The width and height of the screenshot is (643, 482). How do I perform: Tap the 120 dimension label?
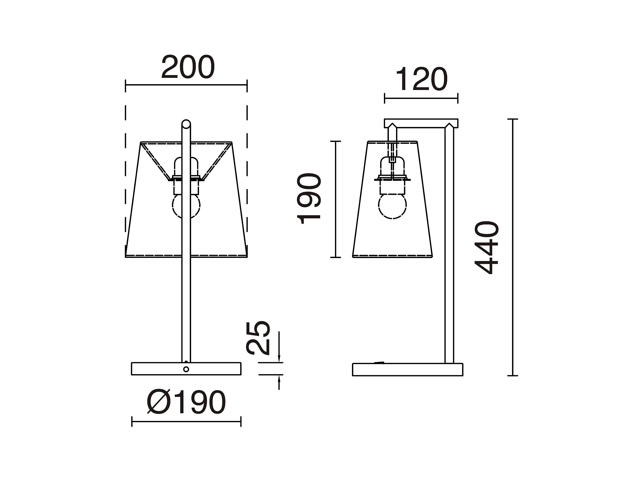pos(421,79)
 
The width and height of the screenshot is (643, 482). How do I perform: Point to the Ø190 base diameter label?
pos(186,402)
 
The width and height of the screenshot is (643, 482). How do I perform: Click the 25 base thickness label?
pos(258,338)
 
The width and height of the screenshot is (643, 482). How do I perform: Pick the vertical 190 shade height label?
pos(309,199)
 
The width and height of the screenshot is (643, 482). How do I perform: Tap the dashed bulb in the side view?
pos(392,206)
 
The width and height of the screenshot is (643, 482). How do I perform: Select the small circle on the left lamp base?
pos(186,369)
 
